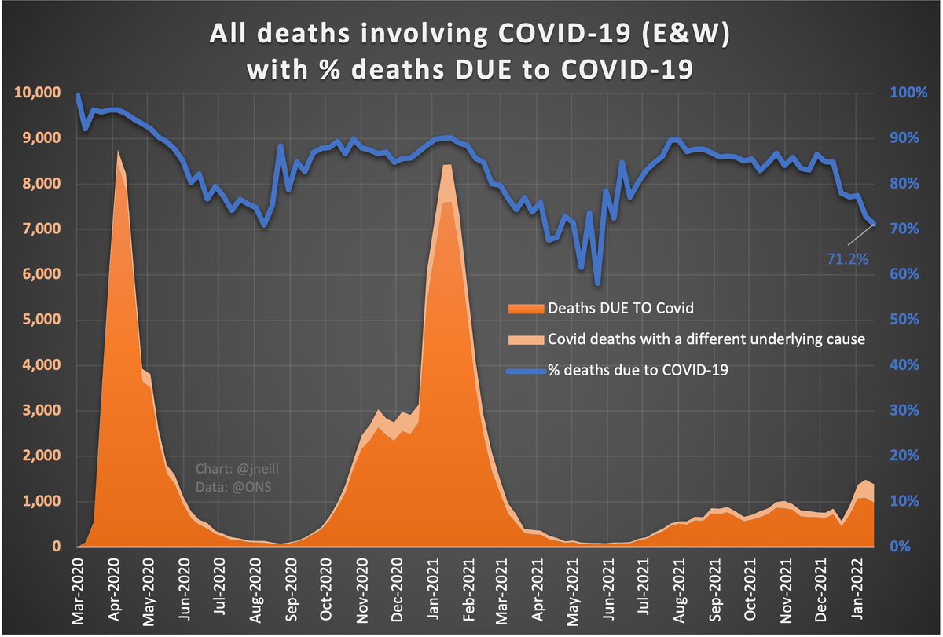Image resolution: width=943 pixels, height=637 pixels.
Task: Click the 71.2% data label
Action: (847, 257)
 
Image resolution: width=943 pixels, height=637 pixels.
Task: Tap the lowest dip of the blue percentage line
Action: (598, 284)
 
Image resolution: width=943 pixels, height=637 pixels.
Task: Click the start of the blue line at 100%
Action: (78, 95)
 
